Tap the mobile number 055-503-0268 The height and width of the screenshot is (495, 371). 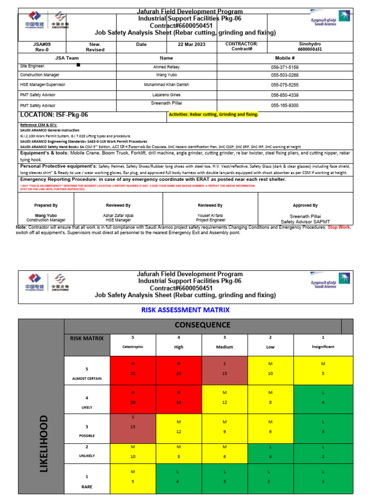pyautogui.click(x=285, y=75)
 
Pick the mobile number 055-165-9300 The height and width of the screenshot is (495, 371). pyautogui.click(x=285, y=105)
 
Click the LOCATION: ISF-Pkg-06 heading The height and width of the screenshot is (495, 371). pyautogui.click(x=54, y=115)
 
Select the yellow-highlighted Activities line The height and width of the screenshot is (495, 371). pyautogui.click(x=213, y=115)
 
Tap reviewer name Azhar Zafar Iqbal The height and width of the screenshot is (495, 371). pyautogui.click(x=118, y=215)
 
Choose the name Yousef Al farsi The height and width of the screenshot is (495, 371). pyautogui.click(x=210, y=215)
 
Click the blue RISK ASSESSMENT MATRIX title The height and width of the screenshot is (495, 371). pyautogui.click(x=185, y=310)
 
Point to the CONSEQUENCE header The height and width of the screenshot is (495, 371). pyautogui.click(x=202, y=325)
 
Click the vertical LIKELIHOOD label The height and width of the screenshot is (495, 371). pyautogui.click(x=43, y=443)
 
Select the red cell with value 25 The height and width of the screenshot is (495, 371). pyautogui.click(x=133, y=367)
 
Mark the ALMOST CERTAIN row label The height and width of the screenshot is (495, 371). pyautogui.click(x=87, y=373)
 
